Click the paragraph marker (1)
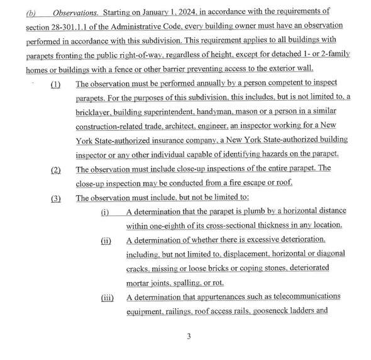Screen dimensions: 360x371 coord(57,84)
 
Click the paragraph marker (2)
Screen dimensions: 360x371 coord(57,169)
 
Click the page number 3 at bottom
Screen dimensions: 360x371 coord(188,336)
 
